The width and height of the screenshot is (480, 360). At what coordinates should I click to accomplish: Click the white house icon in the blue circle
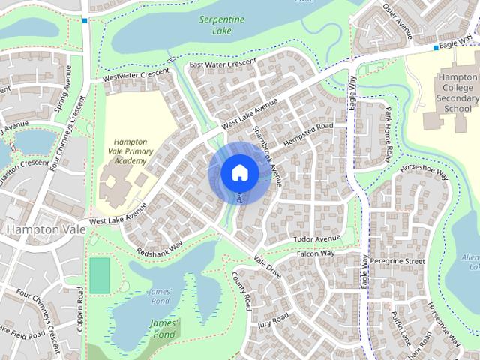click(239, 173)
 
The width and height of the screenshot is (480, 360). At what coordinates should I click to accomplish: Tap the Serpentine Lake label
click(217, 25)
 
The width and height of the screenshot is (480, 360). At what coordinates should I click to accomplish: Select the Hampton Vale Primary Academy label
click(130, 151)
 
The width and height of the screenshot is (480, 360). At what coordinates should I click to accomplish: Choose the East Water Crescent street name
click(223, 64)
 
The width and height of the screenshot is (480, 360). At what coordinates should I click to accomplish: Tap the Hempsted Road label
click(308, 133)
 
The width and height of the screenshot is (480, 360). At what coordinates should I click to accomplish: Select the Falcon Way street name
click(316, 253)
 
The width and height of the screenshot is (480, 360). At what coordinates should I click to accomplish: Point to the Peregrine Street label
click(403, 260)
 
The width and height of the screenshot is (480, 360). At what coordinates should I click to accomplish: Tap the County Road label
click(241, 291)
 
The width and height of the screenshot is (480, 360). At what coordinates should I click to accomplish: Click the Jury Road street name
click(273, 320)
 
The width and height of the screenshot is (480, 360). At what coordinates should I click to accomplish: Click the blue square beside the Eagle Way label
click(436, 48)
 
